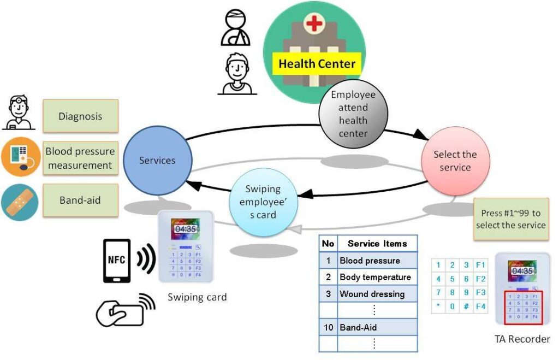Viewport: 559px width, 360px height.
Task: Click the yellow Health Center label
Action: click(x=317, y=64)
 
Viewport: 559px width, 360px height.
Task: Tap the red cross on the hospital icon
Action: click(x=314, y=25)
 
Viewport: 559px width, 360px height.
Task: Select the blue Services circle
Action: click(x=157, y=161)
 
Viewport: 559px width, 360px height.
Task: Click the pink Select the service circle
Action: click(x=455, y=161)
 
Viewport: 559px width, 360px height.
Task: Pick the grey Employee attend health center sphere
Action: click(x=353, y=114)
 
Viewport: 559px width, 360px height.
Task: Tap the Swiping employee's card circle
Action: click(x=263, y=202)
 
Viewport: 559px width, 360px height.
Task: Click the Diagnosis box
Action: click(x=80, y=116)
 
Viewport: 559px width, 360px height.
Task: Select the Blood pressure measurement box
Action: click(x=80, y=158)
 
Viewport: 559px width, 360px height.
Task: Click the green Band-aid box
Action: click(x=80, y=200)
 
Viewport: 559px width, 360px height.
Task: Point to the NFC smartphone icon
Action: click(x=117, y=261)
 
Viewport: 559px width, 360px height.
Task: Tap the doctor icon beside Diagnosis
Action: click(x=19, y=113)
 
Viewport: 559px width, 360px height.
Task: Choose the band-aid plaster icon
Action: click(x=19, y=202)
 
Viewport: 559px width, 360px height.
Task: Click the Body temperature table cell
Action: click(x=375, y=278)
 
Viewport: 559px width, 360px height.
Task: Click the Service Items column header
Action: click(x=377, y=244)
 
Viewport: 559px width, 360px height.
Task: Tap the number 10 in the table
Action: click(x=328, y=328)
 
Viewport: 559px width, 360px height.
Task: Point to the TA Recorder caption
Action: click(x=522, y=339)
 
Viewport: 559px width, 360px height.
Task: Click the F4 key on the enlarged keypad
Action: click(x=480, y=306)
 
